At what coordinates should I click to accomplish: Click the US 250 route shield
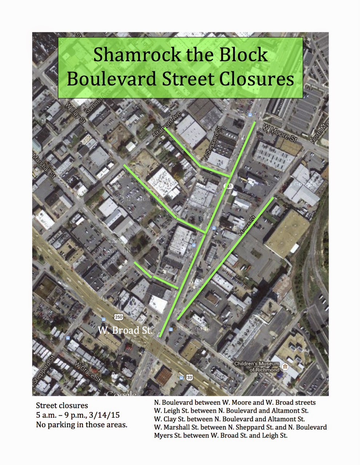(x=119, y=317)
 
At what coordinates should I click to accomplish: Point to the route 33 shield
(x=189, y=378)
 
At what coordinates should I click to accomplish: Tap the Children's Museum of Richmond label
(x=257, y=367)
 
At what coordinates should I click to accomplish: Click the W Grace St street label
(x=87, y=372)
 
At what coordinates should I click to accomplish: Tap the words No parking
(x=55, y=424)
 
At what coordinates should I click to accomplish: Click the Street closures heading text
(x=62, y=405)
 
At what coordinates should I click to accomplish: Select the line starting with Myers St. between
(x=220, y=435)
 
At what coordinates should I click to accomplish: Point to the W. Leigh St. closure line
(x=231, y=411)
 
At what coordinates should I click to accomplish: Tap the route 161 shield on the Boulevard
(x=228, y=186)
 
